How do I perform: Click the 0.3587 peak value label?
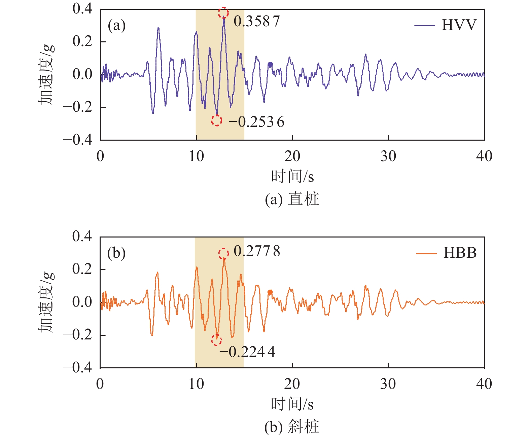click(x=257, y=22)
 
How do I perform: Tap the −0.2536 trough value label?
click(x=256, y=122)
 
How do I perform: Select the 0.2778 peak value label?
click(x=257, y=251)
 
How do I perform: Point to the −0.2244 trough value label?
click(x=247, y=352)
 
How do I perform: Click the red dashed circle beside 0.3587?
click(x=223, y=13)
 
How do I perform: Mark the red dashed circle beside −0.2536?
click(x=217, y=120)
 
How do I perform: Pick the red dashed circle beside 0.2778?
click(x=224, y=254)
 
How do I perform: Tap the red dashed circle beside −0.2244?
click(x=216, y=340)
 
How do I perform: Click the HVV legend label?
click(x=459, y=25)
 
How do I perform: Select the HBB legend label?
click(x=460, y=253)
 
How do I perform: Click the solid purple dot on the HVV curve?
click(x=270, y=65)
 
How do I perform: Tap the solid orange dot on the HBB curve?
click(x=270, y=292)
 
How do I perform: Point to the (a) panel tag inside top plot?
click(x=116, y=25)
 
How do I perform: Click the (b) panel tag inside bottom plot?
click(x=116, y=253)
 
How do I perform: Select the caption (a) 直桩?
click(x=292, y=199)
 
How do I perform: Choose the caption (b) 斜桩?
click(x=292, y=427)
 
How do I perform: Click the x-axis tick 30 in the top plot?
click(x=388, y=156)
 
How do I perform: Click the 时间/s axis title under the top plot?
click(x=292, y=176)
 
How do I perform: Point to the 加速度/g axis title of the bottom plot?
click(x=46, y=302)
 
